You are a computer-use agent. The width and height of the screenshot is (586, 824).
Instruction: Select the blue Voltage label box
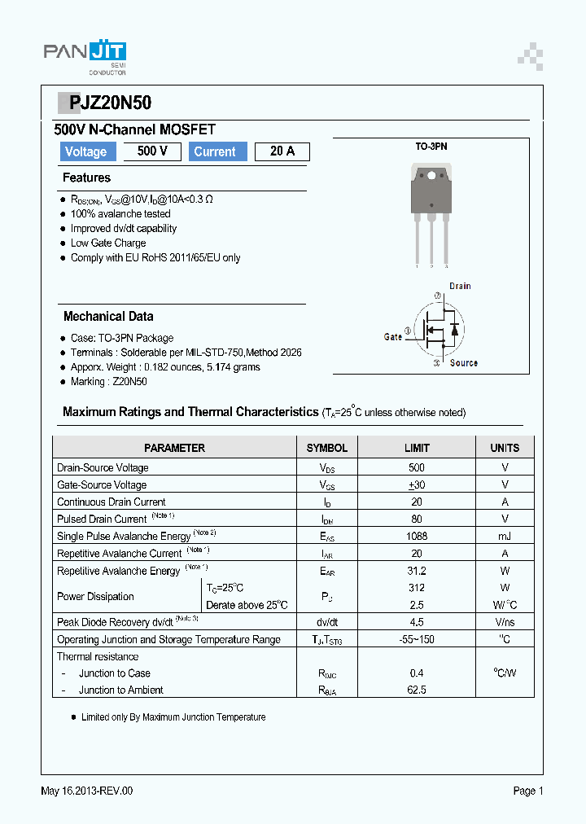click(85, 151)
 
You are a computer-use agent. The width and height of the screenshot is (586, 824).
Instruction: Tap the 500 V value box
click(152, 151)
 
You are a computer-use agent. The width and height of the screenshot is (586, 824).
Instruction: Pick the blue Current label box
click(215, 151)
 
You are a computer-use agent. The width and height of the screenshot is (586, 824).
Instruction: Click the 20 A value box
click(282, 151)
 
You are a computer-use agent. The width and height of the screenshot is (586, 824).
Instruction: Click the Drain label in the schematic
click(460, 286)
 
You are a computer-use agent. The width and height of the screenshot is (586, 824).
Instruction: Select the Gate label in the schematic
click(393, 336)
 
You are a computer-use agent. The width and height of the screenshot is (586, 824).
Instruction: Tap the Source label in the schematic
click(463, 363)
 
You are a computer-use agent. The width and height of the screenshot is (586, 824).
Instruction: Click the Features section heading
click(86, 178)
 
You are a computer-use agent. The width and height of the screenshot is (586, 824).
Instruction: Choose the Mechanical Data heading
click(108, 316)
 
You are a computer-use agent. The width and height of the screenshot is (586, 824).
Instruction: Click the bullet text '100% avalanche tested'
click(120, 214)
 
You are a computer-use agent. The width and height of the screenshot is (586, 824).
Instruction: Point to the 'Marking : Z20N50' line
click(108, 381)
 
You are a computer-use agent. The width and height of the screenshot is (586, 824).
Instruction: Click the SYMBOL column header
click(326, 448)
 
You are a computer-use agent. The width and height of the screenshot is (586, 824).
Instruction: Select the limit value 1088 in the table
click(417, 536)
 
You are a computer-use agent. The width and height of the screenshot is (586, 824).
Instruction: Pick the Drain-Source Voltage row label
click(103, 467)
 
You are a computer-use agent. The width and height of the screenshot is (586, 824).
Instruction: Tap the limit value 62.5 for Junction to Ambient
click(417, 690)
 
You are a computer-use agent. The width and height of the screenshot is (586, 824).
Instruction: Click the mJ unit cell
click(505, 536)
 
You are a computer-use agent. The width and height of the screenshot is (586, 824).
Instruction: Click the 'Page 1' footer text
click(527, 791)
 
